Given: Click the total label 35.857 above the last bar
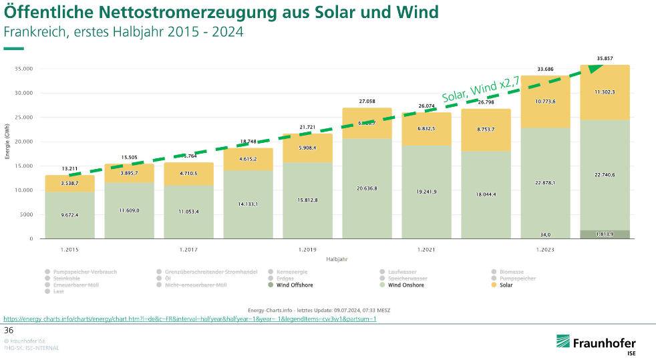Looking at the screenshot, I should pos(605,59).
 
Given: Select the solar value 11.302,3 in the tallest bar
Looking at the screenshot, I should pos(605,92).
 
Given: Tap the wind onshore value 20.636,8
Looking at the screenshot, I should pos(367,188).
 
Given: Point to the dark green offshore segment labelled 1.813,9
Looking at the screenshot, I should pos(605,234).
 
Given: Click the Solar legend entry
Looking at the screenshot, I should pos(506,285).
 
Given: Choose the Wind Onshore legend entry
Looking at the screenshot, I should pos(405,285).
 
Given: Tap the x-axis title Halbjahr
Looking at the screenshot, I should pos(337,258).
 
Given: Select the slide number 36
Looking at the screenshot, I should pos(9,330).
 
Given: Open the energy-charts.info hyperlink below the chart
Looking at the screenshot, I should pos(190,319).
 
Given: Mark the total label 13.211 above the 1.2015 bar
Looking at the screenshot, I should pos(69,168).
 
